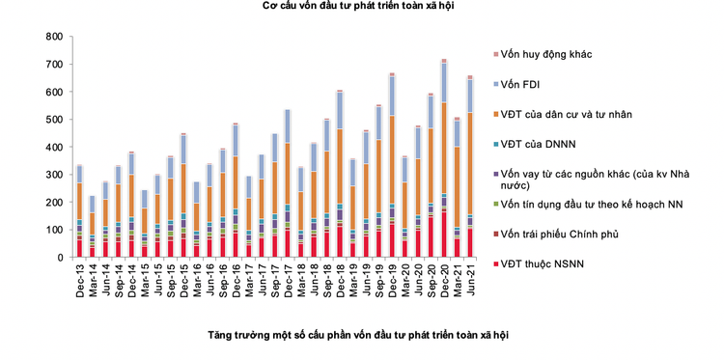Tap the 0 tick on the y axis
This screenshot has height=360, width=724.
[x=58, y=258]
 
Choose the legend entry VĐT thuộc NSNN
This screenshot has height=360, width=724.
[x=551, y=263]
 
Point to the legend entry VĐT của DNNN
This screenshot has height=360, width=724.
[x=541, y=144]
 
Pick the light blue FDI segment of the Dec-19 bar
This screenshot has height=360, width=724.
[x=392, y=96]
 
